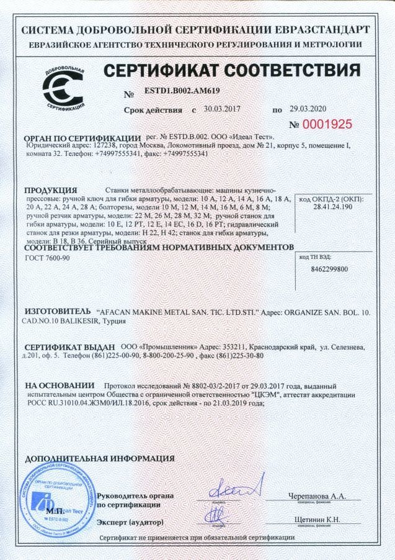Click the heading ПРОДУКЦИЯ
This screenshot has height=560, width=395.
coord(50,189)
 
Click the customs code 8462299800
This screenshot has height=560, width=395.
coord(328,269)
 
